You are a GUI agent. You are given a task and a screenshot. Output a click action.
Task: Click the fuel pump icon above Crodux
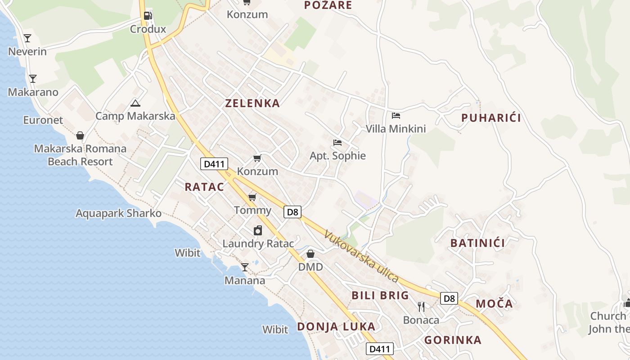(x=148, y=16)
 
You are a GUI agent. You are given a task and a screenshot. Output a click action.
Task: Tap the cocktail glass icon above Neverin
(x=27, y=38)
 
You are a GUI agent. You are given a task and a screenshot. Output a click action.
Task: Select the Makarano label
(x=33, y=92)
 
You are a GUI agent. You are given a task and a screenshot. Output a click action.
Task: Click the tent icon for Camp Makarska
(x=135, y=103)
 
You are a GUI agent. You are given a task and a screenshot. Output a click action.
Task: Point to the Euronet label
(x=43, y=120)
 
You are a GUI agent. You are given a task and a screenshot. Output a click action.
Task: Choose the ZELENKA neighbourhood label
(x=252, y=103)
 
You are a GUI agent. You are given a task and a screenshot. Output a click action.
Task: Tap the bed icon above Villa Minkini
(x=396, y=116)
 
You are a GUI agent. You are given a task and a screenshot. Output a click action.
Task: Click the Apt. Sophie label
(x=337, y=156)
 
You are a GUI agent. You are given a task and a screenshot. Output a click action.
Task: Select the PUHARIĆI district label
(x=491, y=118)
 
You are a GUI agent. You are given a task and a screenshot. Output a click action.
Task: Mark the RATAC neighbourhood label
(x=204, y=187)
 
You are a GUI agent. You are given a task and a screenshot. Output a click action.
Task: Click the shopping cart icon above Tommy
(x=252, y=197)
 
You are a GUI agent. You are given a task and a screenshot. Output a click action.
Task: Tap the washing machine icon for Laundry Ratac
(x=258, y=230)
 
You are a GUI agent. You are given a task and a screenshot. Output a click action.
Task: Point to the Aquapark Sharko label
(x=118, y=213)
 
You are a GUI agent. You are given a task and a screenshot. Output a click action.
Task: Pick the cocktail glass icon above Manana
(x=244, y=267)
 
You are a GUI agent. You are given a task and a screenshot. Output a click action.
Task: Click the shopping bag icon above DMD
(x=310, y=254)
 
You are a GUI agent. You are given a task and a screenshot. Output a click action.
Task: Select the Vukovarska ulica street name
(x=361, y=257)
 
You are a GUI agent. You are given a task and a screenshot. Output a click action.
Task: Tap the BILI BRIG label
(x=380, y=296)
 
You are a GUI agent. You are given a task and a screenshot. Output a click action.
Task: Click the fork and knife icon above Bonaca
(x=421, y=307)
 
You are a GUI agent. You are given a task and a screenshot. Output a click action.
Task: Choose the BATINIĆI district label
(x=477, y=243)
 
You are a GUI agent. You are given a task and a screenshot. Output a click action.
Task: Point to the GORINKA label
(x=453, y=340)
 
